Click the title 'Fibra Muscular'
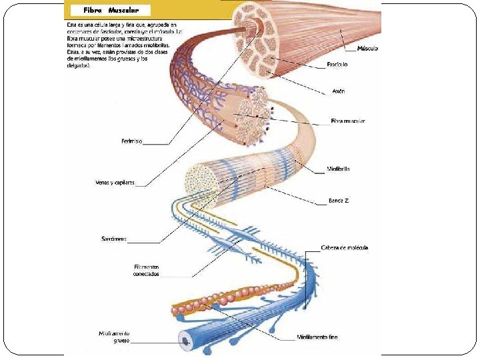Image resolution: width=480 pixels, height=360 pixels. click(111, 11)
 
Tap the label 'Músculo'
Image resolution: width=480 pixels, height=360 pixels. click(367, 49)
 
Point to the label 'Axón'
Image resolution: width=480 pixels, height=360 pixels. click(338, 91)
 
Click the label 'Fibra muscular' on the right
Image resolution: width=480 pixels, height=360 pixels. click(348, 121)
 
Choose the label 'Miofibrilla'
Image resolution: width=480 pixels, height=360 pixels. click(339, 169)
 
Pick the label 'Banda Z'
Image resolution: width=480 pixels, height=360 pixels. click(339, 200)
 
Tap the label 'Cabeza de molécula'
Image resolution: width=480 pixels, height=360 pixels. click(344, 247)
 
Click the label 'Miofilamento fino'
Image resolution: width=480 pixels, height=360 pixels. click(317, 337)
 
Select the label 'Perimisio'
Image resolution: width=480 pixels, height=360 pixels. click(131, 141)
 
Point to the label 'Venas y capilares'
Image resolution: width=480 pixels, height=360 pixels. click(115, 182)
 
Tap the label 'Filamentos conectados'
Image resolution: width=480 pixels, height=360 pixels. click(146, 270)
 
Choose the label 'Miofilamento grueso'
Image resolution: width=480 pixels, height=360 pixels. click(114, 336)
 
